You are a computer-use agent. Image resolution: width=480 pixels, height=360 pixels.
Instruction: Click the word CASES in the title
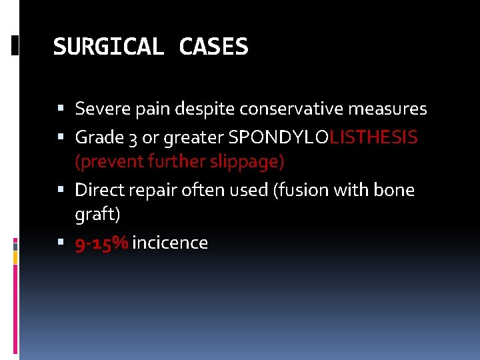[x=213, y=47]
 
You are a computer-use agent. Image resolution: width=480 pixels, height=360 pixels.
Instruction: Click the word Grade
[x=96, y=137]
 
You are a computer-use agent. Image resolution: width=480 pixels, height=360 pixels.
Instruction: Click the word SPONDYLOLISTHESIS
[x=323, y=137]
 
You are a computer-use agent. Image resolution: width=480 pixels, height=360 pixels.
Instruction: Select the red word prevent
[x=104, y=161]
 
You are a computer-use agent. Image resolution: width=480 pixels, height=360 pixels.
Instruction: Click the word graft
[x=97, y=215]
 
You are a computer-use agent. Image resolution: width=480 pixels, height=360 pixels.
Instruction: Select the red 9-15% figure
[x=102, y=243]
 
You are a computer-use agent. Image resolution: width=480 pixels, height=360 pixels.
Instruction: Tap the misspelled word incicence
[x=170, y=243]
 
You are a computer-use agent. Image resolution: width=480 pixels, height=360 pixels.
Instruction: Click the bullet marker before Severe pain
[x=61, y=108]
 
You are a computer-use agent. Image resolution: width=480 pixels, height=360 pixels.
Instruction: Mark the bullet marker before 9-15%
[x=61, y=243]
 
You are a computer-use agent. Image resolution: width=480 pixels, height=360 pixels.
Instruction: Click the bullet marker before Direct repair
[x=61, y=190]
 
